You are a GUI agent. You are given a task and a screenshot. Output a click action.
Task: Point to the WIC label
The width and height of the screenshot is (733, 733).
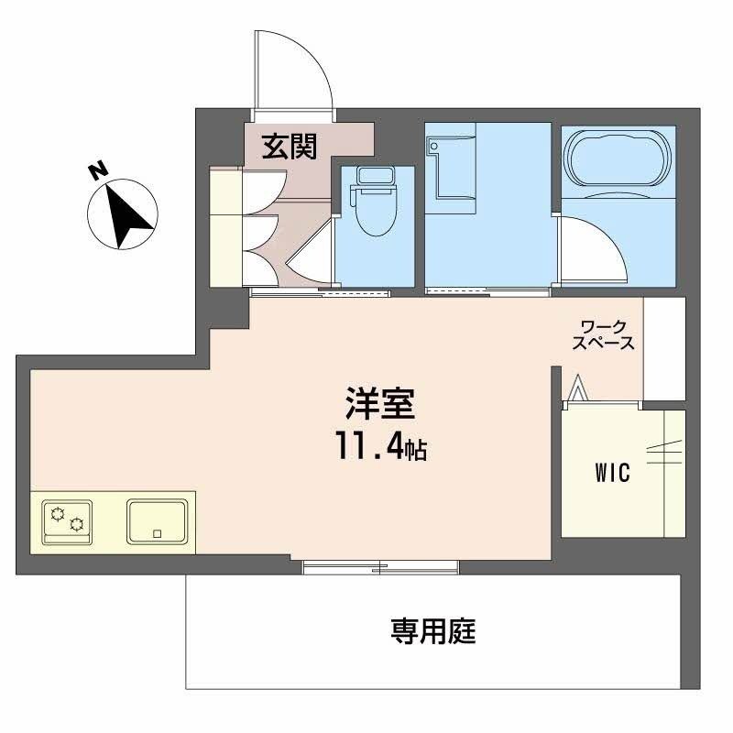click(612, 474)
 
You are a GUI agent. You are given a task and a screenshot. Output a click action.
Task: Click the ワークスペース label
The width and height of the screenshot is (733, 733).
click(603, 334)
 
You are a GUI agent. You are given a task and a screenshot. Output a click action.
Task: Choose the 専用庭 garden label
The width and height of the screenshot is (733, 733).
click(433, 631)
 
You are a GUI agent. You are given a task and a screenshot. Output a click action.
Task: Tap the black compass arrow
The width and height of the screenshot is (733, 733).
click(126, 213)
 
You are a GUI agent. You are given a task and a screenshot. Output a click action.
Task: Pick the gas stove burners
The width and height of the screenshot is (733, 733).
click(67, 520)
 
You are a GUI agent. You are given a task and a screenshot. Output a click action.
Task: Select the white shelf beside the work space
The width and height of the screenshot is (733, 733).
click(664, 348)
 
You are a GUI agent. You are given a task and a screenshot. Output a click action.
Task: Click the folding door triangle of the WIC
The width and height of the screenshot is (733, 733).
click(577, 388)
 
